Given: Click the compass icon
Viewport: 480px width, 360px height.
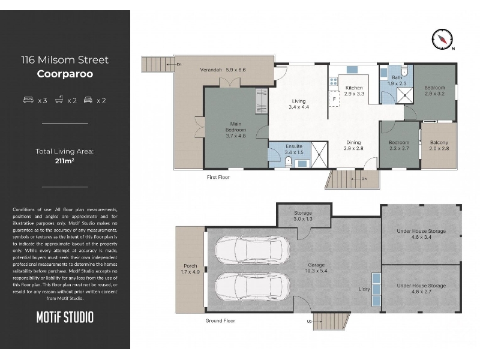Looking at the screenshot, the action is tap(442, 39).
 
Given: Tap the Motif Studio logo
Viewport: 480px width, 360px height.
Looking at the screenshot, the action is tap(65, 317).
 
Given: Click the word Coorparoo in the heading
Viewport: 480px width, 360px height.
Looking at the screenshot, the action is tap(65, 74).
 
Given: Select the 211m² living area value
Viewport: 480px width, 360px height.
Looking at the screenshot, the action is tap(65, 161).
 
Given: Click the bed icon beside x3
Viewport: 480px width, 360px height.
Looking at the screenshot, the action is tap(28, 100).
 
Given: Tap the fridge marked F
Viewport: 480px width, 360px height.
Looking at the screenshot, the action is tap(334, 99).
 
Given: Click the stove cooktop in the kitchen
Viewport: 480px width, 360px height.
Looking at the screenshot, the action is tap(334, 82).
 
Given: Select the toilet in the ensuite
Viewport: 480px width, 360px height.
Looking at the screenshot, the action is tap(288, 161).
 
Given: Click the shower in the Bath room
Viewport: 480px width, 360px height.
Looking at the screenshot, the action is tap(404, 95).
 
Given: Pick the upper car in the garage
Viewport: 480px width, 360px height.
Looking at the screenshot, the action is tap(252, 250).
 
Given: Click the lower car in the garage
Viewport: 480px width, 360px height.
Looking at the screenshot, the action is tap(252, 287).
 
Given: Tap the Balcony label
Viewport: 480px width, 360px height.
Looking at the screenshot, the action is tap(439, 142).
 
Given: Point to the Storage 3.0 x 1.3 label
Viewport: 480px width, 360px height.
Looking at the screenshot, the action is tap(303, 216).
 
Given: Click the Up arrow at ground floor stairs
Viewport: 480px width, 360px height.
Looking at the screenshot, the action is tap(314, 322).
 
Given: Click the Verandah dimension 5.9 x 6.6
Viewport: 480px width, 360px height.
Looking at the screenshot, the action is tap(236, 70).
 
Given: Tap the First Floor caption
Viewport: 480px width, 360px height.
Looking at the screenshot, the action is tap(218, 177).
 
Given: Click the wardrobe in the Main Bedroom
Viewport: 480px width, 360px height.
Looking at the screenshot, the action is tap(261, 101).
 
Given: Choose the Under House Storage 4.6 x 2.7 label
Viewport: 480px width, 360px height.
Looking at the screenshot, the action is tap(421, 289).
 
